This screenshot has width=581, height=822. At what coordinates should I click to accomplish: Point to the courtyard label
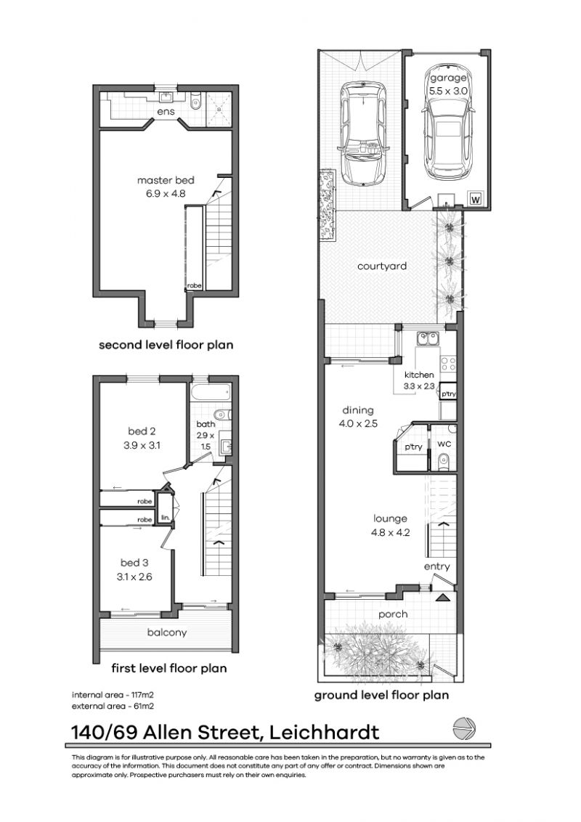382,266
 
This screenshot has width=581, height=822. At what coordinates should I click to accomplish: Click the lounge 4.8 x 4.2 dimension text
390,531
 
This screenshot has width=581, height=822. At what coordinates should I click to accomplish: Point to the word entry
437,566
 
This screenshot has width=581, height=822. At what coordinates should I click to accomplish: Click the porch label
392,614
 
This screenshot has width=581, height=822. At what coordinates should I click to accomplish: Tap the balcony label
166,632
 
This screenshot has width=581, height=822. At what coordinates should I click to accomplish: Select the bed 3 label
136,563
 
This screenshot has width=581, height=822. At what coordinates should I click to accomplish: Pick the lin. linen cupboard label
166,518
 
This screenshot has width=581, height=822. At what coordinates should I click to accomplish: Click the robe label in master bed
194,286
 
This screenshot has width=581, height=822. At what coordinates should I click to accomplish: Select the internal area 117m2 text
112,693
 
